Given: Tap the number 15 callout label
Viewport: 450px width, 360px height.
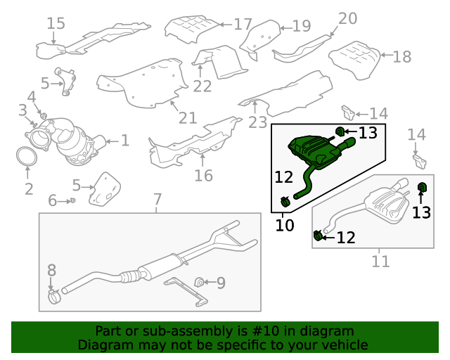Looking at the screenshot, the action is click(x=56, y=23).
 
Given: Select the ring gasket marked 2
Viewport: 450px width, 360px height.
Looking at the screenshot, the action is click(x=27, y=157).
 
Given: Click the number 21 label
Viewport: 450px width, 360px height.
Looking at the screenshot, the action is click(x=188, y=118).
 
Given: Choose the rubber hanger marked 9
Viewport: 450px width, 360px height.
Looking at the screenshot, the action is click(x=199, y=282).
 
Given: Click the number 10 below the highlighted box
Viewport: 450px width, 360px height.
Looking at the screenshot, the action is click(x=285, y=225).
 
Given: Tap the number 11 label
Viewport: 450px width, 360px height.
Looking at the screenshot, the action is click(x=381, y=262).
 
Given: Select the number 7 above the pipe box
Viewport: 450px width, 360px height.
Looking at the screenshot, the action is click(x=157, y=199).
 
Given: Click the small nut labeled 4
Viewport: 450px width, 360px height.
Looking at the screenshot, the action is click(x=43, y=116).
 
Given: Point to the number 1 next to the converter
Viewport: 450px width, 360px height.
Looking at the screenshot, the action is click(x=125, y=141).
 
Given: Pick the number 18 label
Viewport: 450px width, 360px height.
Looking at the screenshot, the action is click(x=402, y=56).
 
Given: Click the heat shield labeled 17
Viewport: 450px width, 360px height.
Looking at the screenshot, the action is click(x=191, y=29).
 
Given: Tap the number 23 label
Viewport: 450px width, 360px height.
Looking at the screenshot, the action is click(x=257, y=122).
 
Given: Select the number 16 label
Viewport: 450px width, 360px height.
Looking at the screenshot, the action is click(x=203, y=175).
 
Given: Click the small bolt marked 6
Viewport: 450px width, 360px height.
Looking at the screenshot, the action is click(x=72, y=200).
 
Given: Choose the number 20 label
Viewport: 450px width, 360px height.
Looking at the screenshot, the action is click(x=348, y=18).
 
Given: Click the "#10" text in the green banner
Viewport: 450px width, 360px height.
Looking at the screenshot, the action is click(x=266, y=331).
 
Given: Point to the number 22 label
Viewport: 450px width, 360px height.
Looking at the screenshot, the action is click(x=202, y=86).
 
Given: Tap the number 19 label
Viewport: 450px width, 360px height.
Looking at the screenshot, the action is click(x=302, y=26).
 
